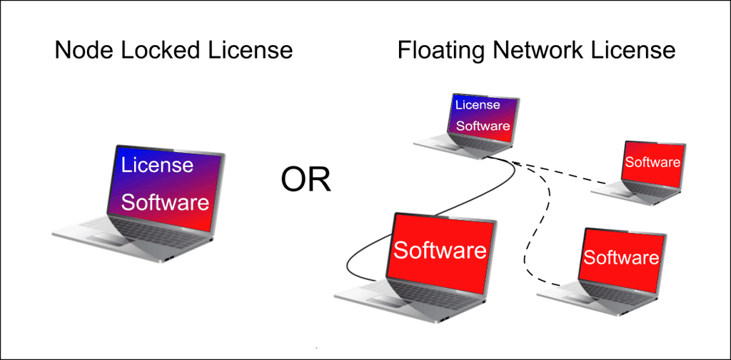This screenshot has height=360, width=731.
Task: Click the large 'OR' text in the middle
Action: click(306, 179)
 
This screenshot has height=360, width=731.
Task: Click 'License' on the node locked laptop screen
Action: click(157, 166)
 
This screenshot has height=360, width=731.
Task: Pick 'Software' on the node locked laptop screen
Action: click(165, 202)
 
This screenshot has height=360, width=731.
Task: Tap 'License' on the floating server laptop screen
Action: click(478, 105)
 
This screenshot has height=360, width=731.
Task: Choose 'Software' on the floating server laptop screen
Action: click(483, 126)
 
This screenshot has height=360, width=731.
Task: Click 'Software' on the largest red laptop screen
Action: click(440, 251)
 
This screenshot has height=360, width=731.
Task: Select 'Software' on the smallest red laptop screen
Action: click(652, 162)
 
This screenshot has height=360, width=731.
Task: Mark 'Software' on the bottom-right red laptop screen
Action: click(620, 257)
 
